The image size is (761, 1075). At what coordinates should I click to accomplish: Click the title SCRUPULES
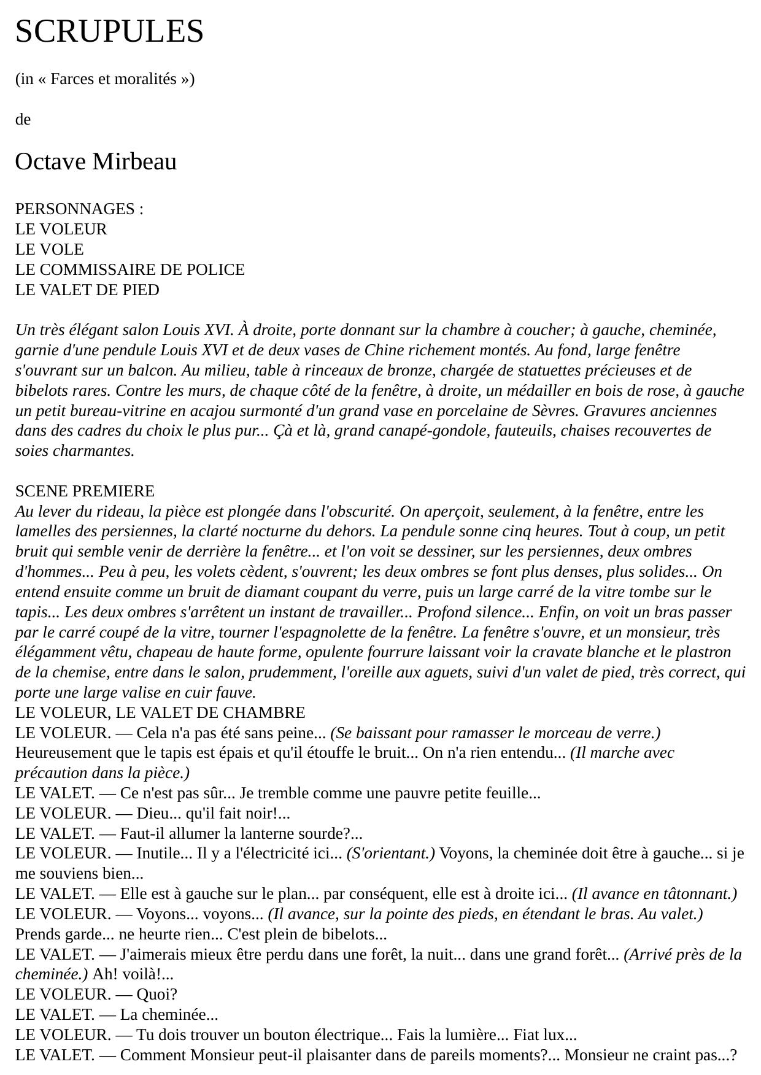tap(109, 31)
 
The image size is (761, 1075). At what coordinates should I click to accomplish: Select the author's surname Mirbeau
tap(134, 162)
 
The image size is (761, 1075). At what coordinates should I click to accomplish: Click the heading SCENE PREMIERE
tap(85, 491)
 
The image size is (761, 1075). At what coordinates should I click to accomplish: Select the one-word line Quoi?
tap(156, 995)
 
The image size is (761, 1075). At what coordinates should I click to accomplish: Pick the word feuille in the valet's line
tap(511, 793)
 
